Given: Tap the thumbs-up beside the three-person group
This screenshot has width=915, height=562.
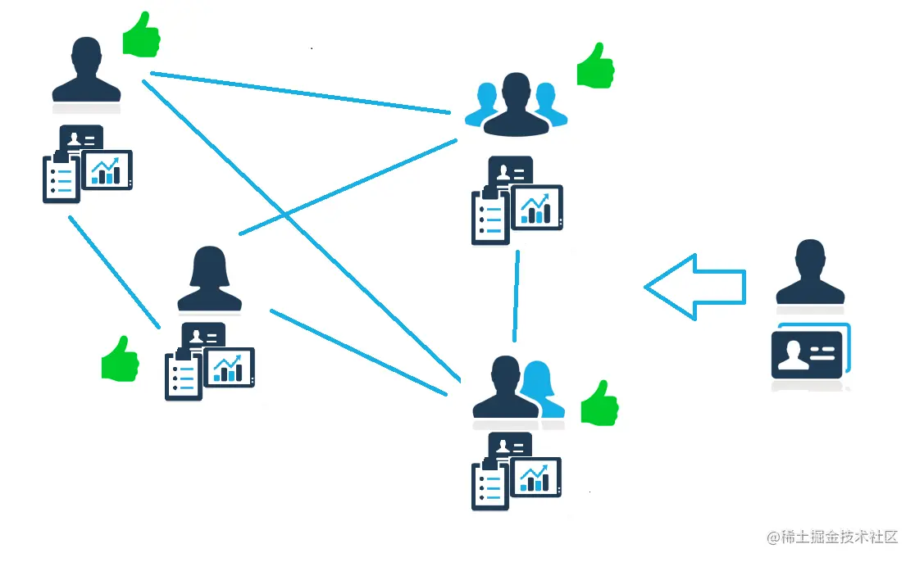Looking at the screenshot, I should coord(595,66).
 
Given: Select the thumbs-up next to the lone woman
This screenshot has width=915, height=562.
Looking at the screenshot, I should coord(120,359).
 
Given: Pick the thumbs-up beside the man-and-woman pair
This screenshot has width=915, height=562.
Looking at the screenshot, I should coord(599,403).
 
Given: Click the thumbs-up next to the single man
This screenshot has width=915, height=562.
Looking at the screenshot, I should coord(141,35).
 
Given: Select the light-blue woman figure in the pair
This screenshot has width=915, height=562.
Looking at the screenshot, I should coord(542,388).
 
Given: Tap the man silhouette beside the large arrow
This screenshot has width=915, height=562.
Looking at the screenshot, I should coord(810,274).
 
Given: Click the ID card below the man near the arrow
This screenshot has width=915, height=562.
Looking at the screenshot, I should coord(807,353).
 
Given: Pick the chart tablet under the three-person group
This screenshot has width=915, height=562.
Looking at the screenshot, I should coord(537,206).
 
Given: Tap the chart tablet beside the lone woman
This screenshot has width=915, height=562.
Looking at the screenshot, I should coord(229,367).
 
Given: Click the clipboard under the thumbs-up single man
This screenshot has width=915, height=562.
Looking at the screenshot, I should coord(61,176).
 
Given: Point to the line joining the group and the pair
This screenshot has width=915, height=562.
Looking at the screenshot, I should coord(517,296).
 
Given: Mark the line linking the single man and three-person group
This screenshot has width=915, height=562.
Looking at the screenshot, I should coord(300,93).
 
